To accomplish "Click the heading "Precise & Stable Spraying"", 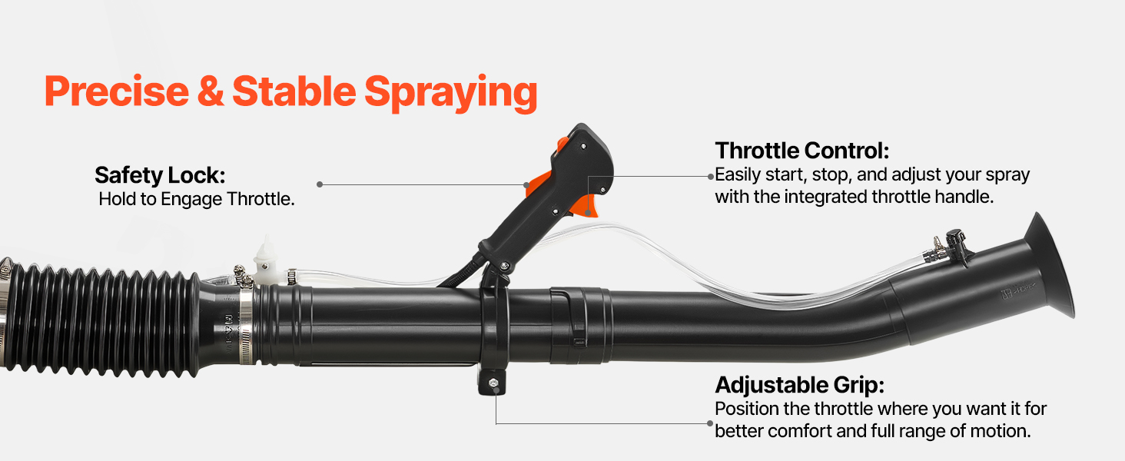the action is click(290, 92).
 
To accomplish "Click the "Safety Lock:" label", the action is click(160, 176).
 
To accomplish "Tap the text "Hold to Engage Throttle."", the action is click(197, 199).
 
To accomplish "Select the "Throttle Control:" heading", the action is click(802, 151).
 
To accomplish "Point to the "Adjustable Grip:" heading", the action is click(799, 385).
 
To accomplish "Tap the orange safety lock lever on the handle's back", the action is click(539, 184).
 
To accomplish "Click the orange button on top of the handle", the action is click(562, 144).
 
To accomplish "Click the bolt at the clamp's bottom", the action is click(493, 383).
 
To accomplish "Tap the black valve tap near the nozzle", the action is click(957, 246).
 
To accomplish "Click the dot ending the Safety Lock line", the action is click(320, 184).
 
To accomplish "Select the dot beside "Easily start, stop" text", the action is click(711, 176).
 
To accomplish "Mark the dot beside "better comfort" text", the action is click(710, 423).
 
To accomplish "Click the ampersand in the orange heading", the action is click(211, 91).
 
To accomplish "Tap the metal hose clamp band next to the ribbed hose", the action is click(245, 326).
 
